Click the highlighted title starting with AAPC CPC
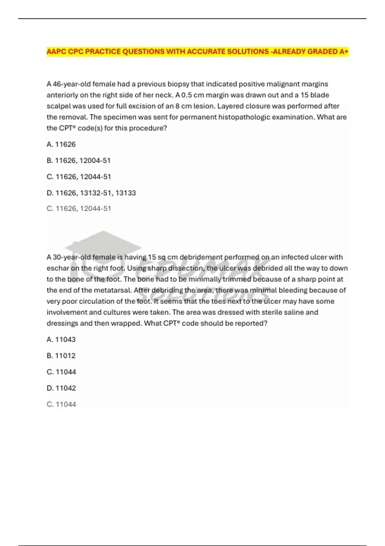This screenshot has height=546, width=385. click(197, 51)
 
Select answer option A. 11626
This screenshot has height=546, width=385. click(61, 144)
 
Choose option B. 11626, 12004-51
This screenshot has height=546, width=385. click(79, 160)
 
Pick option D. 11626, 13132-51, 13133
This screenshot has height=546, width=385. click(91, 193)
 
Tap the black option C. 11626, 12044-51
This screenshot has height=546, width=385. click(79, 177)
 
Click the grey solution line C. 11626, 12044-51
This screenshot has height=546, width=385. click(79, 208)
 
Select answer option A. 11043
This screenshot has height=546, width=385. click(61, 339)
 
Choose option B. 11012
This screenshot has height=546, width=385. click(61, 356)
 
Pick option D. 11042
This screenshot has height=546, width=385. click(61, 388)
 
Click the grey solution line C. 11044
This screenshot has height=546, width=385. click(61, 404)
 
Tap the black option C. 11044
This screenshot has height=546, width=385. click(61, 372)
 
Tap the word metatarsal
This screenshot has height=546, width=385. click(112, 290)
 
